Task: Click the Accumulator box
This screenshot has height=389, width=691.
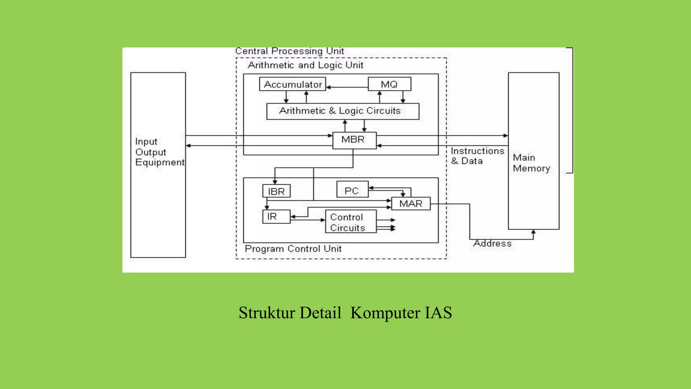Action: click(x=293, y=84)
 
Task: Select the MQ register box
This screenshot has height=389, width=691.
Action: click(x=389, y=84)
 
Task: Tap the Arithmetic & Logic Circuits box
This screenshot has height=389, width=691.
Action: click(x=342, y=111)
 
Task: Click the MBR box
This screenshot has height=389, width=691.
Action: click(x=354, y=140)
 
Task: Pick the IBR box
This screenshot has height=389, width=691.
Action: click(x=276, y=191)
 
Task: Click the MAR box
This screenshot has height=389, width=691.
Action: click(x=411, y=204)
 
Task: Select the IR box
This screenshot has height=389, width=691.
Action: click(x=276, y=216)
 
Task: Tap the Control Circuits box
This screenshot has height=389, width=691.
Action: click(x=351, y=222)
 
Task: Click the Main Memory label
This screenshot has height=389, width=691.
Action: click(x=531, y=163)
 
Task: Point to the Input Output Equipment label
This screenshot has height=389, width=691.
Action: click(x=159, y=152)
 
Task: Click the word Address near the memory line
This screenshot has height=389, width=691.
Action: click(x=492, y=243)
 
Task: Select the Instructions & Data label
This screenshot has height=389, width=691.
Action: click(x=477, y=156)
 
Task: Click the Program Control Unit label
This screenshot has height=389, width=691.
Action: click(x=293, y=249)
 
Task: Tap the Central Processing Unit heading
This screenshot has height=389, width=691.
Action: click(x=289, y=51)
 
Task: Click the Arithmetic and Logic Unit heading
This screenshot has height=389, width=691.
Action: click(x=305, y=65)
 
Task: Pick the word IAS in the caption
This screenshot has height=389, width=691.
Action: click(x=438, y=313)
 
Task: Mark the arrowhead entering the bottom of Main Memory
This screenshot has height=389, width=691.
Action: click(x=533, y=232)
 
